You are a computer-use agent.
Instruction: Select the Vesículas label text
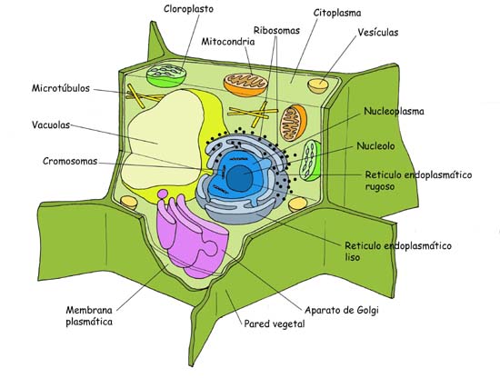click(x=378, y=33)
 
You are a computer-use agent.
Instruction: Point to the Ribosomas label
click(x=278, y=30)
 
